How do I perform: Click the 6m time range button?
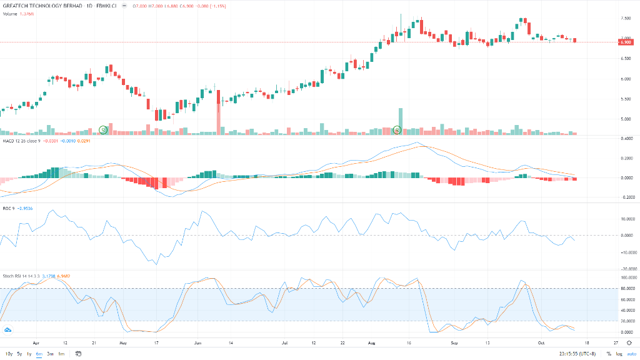coord(39,354)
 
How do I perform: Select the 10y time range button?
coord(9,354)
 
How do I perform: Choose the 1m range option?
coord(61,354)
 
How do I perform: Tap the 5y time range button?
coord(19,354)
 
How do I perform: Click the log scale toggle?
coord(619,354)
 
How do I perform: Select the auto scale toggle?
coord(631,354)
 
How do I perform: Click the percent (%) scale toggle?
coord(608,354)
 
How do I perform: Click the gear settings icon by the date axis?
coord(629,343)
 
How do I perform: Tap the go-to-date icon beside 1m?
coord(78,354)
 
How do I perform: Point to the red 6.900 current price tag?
coord(625,42)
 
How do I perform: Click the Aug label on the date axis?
coord(372,343)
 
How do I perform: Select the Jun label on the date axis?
coord(197,343)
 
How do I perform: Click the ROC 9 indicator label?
coord(8,208)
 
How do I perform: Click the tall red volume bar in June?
coord(219,112)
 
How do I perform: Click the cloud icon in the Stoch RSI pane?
coord(8,329)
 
